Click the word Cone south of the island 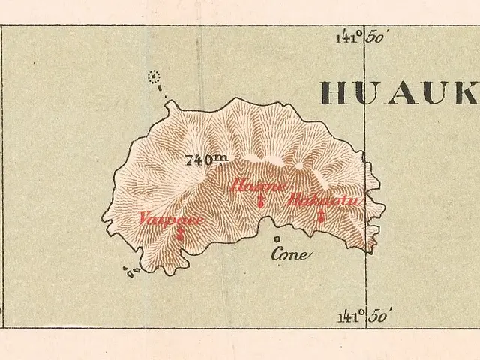click(289, 255)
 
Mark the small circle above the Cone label click(277, 239)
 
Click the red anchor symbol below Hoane click(260, 200)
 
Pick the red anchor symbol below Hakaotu click(321, 216)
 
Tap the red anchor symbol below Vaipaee click(180, 233)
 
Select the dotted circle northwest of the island click(155, 76)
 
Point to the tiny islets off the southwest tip click(133, 272)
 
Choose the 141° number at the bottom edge click(348, 316)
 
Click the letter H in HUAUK click(335, 92)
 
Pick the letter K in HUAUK click(469, 92)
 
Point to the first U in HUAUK click(371, 92)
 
